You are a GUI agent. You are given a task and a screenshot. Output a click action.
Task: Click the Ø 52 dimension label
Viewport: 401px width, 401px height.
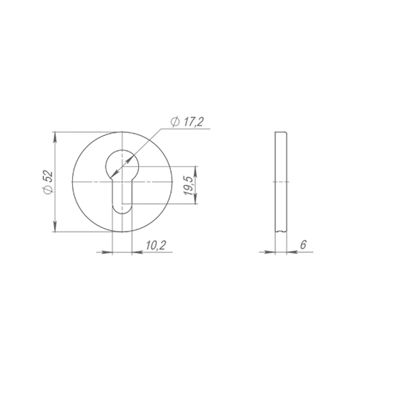[48, 182]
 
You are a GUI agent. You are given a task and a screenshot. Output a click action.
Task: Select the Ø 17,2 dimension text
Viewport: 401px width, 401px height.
[187, 122]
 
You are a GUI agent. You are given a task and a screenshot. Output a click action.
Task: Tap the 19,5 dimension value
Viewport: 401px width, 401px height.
[189, 186]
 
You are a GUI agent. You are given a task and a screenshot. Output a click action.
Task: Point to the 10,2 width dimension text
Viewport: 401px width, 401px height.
[156, 245]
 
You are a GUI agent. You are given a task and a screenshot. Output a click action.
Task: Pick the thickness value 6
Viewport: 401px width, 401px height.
[303, 245]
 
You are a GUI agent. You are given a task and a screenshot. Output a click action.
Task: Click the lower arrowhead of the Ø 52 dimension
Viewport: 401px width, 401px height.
[55, 226]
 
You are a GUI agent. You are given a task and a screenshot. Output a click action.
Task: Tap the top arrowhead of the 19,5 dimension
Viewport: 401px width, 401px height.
[195, 172]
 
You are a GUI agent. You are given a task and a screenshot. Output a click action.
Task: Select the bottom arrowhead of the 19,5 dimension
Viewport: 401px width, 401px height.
[195, 199]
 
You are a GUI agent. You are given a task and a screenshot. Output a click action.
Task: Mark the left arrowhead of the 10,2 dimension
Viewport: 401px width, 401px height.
[107, 252]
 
